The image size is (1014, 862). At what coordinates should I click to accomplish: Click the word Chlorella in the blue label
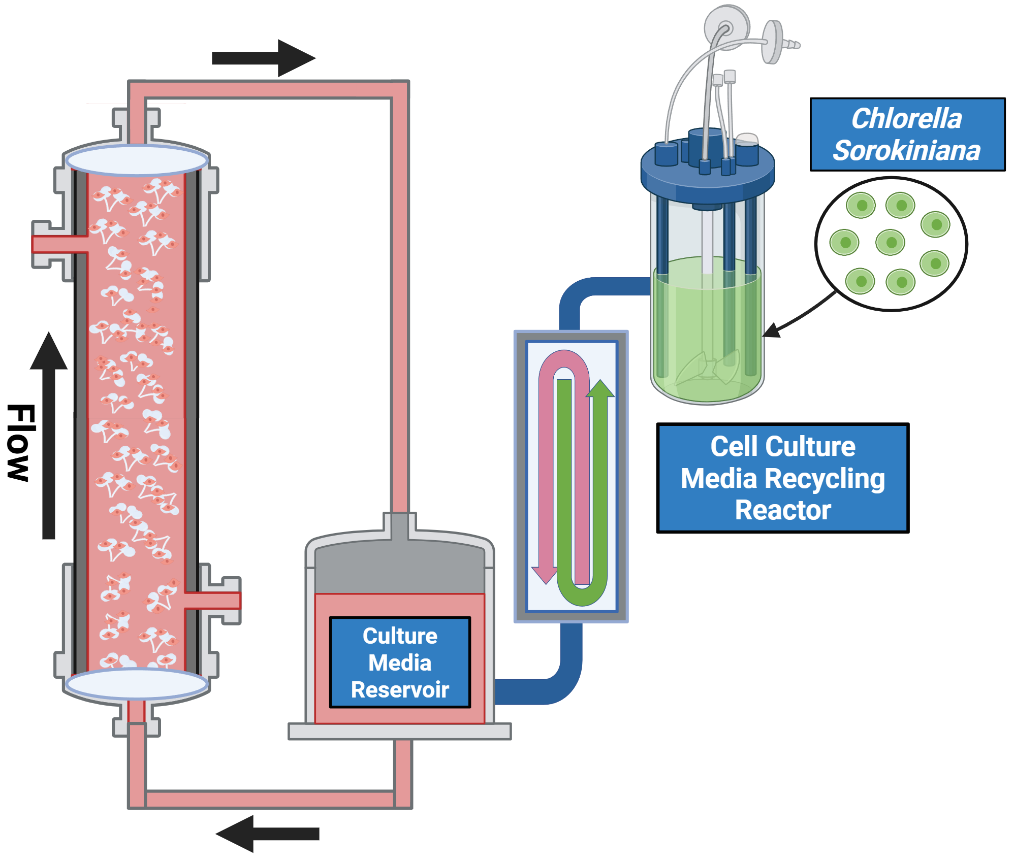[x=906, y=119]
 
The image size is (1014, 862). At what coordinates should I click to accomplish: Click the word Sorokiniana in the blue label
[x=906, y=151]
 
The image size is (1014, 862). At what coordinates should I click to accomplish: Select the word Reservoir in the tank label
[x=400, y=690]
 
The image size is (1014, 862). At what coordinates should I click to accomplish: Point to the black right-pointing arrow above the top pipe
[x=264, y=58]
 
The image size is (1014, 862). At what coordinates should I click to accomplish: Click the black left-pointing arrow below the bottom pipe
[x=267, y=833]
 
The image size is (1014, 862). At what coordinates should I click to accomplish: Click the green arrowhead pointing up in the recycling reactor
[x=600, y=389]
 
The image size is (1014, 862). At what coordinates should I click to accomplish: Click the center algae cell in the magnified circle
[x=891, y=243]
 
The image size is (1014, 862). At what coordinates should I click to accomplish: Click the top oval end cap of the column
[x=137, y=160]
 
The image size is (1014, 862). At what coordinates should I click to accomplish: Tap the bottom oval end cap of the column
[x=137, y=684]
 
